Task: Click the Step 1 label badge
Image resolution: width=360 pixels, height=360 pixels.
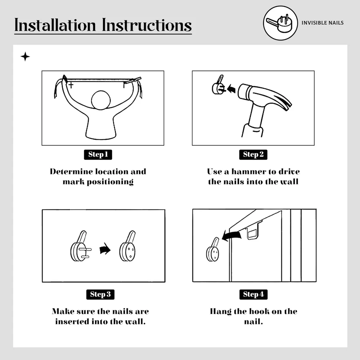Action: pos(98,154)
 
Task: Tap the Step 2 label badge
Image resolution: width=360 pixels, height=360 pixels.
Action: pos(253,154)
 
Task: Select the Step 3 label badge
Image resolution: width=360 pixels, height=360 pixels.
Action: pos(100,294)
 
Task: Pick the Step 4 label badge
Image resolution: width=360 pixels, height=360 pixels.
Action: pos(253,294)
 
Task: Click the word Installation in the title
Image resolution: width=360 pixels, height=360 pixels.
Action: pos(55,25)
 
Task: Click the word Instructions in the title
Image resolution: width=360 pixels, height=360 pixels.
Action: pos(147,25)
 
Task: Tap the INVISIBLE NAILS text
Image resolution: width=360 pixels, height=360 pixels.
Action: pos(322,23)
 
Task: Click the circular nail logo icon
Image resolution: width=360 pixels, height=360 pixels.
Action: pos(280,23)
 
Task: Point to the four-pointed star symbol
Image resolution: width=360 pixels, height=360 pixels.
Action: pos(25,57)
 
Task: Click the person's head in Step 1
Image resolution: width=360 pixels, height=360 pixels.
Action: pos(101,100)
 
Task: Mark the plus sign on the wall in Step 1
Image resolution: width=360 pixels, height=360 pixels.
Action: pos(71,85)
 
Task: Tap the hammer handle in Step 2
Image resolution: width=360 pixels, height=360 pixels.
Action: pos(254,121)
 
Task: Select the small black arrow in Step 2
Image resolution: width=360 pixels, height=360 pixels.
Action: pos(231,89)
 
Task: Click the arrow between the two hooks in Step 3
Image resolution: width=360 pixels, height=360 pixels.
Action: pos(105,248)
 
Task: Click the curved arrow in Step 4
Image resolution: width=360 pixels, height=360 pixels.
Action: pos(231,235)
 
